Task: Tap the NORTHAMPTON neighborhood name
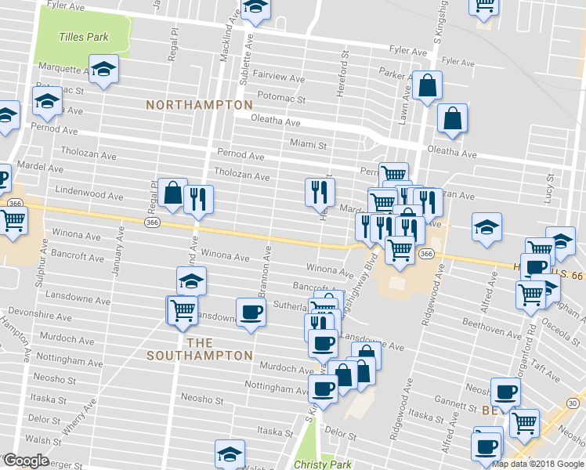pos(200,104)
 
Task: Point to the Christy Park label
pos(322,464)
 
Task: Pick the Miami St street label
pos(307,144)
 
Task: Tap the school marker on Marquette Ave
pos(103,70)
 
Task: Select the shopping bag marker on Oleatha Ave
pos(453,119)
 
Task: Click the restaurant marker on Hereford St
pos(320,193)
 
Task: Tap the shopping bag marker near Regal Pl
pos(172,193)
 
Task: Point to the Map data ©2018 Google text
pos(537,464)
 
